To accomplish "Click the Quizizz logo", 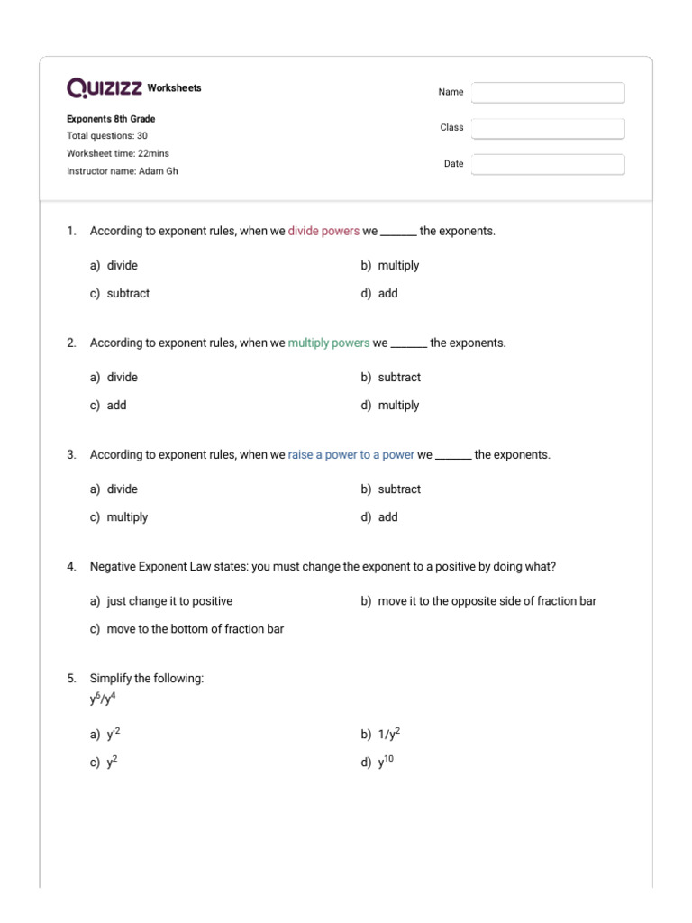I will [104, 87].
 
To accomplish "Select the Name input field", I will [547, 93].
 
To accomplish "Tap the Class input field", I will [547, 128].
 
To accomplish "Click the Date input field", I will [547, 164].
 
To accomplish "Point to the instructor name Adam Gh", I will [158, 171].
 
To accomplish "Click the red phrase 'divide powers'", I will [323, 232].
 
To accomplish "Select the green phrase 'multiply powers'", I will [329, 343].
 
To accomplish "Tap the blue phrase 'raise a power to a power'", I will [351, 455].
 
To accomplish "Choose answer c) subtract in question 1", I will [128, 294].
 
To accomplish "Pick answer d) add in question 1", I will [387, 294].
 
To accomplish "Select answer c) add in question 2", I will [116, 406].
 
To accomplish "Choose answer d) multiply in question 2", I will [398, 406].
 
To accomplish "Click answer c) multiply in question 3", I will [127, 517].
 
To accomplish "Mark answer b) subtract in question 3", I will [399, 489].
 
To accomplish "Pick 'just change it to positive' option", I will [169, 601].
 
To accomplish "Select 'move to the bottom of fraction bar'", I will [195, 629].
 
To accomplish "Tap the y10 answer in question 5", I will [386, 763].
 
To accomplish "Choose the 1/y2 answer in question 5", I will [389, 735].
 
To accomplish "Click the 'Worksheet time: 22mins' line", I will [118, 153].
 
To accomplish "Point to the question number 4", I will [71, 567].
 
